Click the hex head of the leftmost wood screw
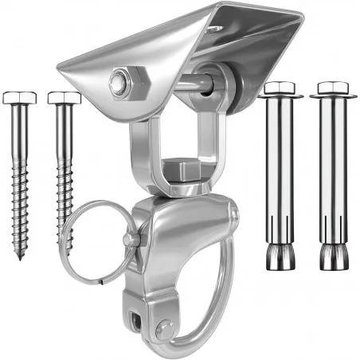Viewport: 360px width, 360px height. (20, 98)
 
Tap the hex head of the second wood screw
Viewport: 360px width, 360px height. (64, 98)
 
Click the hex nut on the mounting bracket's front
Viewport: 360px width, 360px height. (119, 80)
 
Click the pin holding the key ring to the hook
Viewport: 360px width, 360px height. (132, 239)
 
